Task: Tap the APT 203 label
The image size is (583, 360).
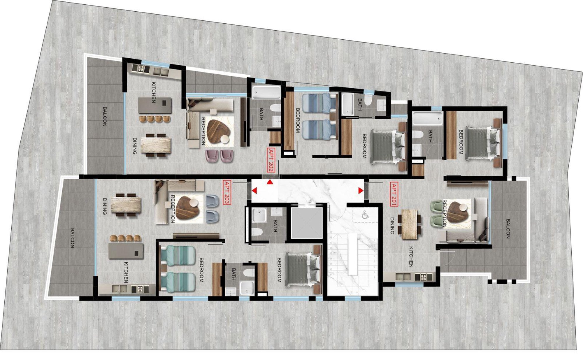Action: (226, 193)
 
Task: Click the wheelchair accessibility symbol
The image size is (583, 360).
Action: (364, 215)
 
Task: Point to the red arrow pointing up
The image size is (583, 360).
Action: (270, 182)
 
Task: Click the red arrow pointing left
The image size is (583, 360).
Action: (254, 191)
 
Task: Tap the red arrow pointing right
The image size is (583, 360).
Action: (361, 191)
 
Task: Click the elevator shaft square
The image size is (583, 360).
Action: (307, 223)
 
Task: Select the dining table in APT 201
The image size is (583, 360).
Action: (409, 224)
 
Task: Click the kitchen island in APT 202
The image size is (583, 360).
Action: (155, 105)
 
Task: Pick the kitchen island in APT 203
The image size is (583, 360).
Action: (126, 251)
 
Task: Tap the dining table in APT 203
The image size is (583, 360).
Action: (126, 205)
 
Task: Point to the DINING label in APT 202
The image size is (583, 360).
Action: (134, 146)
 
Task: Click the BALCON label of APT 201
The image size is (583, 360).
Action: (508, 229)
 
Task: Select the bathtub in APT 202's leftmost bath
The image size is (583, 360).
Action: (266, 92)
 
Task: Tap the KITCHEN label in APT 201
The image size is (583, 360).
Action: (410, 257)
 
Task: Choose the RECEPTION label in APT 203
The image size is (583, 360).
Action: (173, 209)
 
